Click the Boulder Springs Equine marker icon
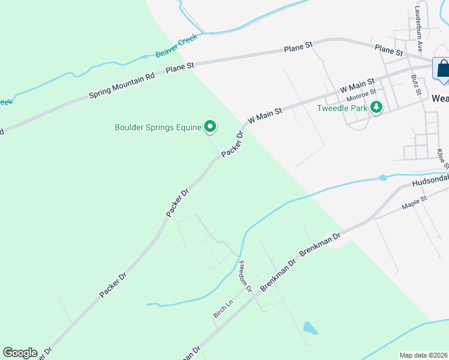(x=210, y=126)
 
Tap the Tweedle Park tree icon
(x=376, y=108)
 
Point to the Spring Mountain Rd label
(x=122, y=86)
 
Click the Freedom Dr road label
(x=245, y=276)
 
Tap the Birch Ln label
(x=222, y=309)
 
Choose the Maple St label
(x=414, y=202)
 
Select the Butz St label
(x=415, y=86)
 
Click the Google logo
(x=20, y=353)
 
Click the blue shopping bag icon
(x=443, y=68)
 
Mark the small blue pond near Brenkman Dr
(x=310, y=328)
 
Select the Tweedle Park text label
(x=342, y=109)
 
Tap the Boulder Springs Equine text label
(x=158, y=127)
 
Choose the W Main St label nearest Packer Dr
(x=265, y=115)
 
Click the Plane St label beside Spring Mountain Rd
(x=181, y=68)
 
